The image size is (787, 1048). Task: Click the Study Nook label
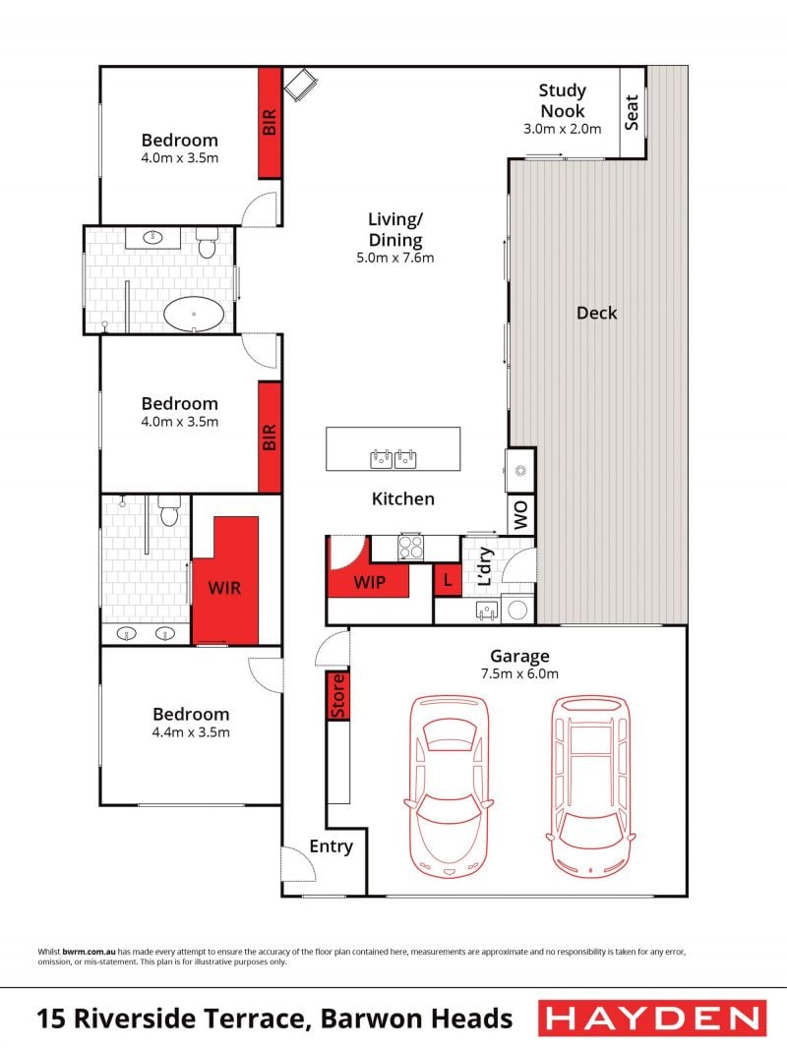[x=563, y=100]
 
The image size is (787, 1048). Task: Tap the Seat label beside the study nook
[x=632, y=112]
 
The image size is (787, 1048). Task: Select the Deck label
[x=596, y=313]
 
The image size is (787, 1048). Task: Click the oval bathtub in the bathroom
[x=193, y=314]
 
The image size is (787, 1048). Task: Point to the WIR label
[x=224, y=588]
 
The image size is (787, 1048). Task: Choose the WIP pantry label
[x=369, y=582]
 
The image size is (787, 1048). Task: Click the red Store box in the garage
[x=338, y=696]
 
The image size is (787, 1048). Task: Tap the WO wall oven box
[x=520, y=514]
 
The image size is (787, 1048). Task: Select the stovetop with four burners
[x=410, y=548]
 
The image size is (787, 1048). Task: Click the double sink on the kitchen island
[x=393, y=459]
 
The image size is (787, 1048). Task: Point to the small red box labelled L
[x=448, y=580]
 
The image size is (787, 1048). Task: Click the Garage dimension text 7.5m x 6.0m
[x=519, y=673]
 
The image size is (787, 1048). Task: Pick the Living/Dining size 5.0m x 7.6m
[x=395, y=258]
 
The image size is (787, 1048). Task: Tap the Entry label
[x=331, y=846]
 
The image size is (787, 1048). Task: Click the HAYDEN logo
[x=652, y=1018]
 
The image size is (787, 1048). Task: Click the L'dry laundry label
[x=485, y=567]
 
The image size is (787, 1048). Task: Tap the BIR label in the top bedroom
[x=270, y=122]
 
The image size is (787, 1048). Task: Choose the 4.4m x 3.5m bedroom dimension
[x=191, y=731]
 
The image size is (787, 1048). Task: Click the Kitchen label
[x=403, y=498]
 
